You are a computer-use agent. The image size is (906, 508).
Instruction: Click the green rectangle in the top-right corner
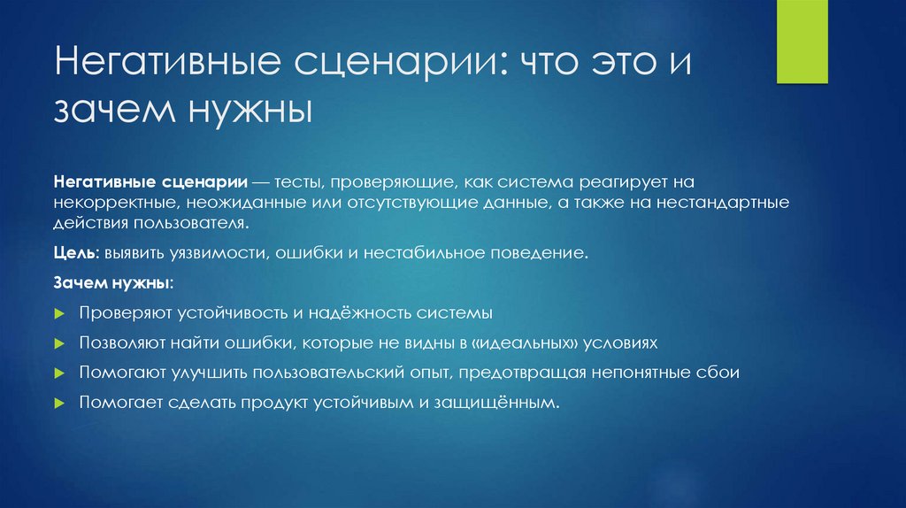point(802,42)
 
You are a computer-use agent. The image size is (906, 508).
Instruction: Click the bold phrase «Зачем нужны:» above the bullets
point(113,284)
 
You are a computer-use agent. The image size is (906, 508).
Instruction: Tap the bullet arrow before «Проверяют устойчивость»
point(58,314)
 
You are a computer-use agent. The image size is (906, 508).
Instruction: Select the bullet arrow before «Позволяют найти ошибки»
point(58,343)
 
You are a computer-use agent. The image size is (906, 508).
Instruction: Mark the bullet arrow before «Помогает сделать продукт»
point(58,403)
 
